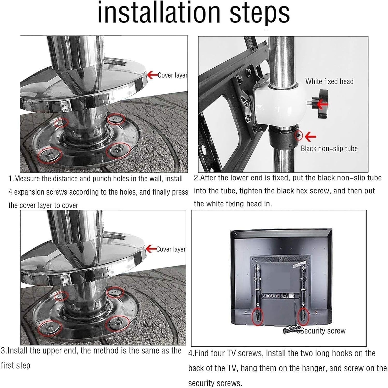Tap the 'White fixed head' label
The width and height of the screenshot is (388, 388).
329,81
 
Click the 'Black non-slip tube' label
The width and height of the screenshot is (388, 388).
329,148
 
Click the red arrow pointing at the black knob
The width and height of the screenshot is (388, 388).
322,105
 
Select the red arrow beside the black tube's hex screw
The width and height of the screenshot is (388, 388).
310,137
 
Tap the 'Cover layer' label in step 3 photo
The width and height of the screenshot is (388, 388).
171,249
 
